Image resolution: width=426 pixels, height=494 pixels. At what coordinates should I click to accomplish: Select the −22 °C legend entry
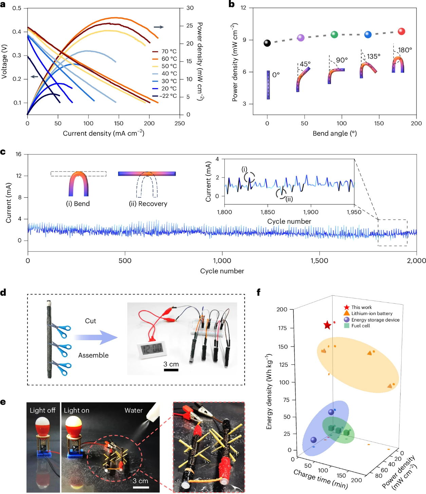(168, 96)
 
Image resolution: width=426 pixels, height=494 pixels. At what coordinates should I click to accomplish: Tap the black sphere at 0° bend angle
(267, 43)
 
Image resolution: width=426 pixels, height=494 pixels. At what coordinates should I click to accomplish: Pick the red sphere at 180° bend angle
(401, 32)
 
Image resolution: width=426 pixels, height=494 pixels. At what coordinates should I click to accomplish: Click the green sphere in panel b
(334, 34)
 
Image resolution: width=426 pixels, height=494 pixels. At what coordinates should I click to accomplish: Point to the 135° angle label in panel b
(373, 56)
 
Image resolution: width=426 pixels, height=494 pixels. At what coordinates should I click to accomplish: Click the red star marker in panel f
(327, 325)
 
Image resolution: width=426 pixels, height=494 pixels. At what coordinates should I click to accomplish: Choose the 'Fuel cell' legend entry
(360, 326)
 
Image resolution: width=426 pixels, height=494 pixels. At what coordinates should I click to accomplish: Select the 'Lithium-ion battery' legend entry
(371, 313)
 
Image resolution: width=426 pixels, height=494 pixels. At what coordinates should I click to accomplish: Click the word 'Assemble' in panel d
(93, 355)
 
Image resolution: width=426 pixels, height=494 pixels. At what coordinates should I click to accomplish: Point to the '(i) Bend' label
(78, 204)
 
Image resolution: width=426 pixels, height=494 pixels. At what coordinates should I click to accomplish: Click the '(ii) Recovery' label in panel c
(148, 204)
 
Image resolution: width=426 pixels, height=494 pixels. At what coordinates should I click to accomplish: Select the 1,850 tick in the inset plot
(267, 212)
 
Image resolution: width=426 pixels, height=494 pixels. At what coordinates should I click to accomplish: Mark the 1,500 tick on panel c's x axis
(319, 261)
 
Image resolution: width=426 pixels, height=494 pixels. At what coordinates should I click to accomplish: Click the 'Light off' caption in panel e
(42, 410)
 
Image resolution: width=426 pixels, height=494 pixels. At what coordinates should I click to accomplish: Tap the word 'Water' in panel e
(133, 410)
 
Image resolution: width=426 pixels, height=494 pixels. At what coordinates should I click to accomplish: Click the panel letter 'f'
(259, 292)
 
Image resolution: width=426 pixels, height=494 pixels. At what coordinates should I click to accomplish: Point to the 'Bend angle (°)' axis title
(335, 133)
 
